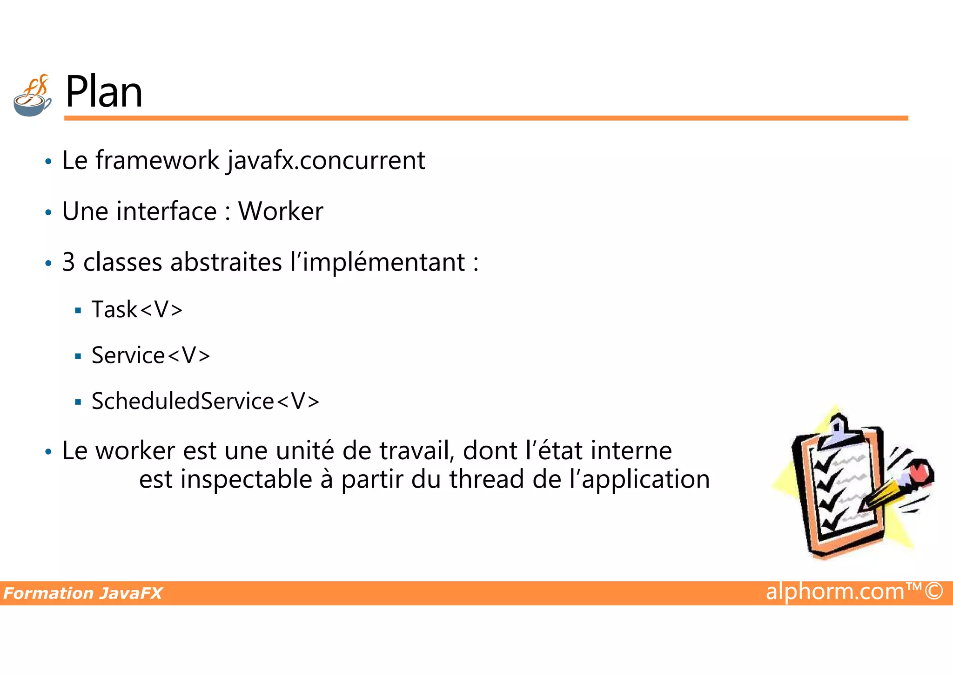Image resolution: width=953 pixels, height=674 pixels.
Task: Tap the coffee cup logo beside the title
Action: point(32,96)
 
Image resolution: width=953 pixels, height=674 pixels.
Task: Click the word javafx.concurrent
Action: point(326,161)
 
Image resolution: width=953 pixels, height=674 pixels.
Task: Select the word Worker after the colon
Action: point(281,211)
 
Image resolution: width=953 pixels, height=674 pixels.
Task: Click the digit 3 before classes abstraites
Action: point(68,262)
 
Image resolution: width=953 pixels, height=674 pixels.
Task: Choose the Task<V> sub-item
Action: point(137,310)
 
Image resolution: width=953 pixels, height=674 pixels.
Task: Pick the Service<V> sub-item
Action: point(151,355)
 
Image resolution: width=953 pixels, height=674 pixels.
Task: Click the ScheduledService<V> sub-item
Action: point(205,401)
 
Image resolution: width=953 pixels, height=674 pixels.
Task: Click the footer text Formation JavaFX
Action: point(83,593)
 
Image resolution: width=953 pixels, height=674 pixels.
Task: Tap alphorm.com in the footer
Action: point(835,592)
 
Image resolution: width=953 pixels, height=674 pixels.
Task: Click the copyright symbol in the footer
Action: point(933,591)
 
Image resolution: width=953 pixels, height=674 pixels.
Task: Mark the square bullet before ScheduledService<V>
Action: point(78,402)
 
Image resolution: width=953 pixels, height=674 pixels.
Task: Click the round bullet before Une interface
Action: point(48,213)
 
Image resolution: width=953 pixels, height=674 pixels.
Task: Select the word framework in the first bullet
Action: point(157,161)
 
